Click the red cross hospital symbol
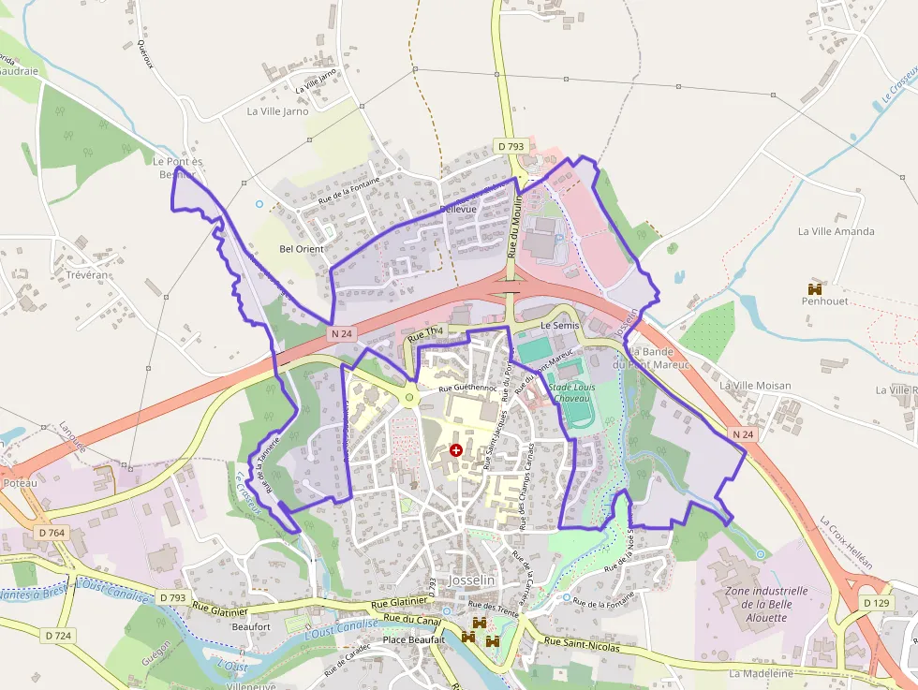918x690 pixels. coord(456,450)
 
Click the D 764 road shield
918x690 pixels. coord(52,533)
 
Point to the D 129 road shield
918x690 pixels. coord(874,603)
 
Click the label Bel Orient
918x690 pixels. coord(302,249)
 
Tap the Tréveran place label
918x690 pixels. coord(88,275)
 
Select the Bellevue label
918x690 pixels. coord(458,209)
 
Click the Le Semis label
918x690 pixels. coord(561,325)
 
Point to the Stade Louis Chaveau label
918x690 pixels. coord(570,392)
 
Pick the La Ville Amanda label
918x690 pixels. coord(837,231)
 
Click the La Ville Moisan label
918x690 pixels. coord(755,386)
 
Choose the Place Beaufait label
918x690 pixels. coord(413,640)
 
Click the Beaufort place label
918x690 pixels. coord(250,626)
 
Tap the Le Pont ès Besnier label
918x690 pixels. coord(177,168)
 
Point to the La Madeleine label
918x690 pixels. coord(761,673)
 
